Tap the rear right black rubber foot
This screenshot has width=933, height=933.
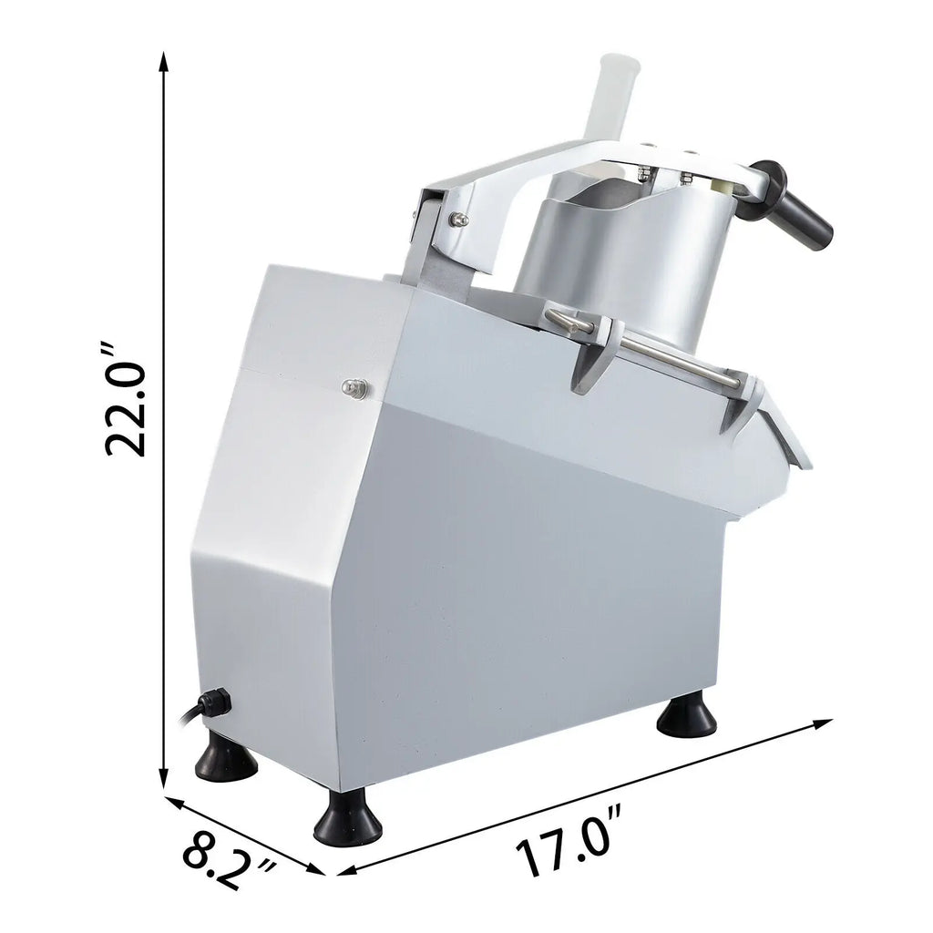[x=687, y=716]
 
